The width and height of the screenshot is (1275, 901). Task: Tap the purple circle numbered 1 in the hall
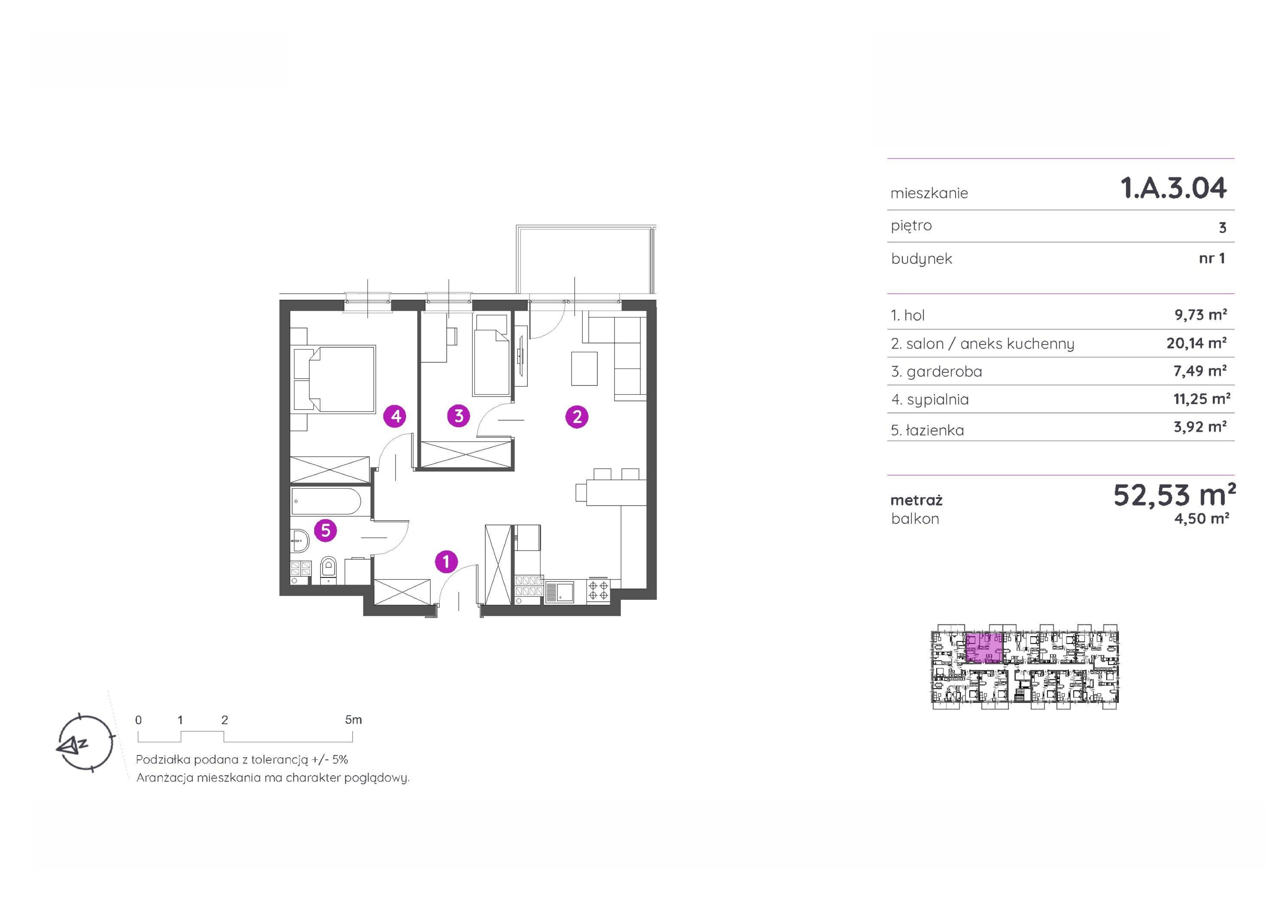pos(446,562)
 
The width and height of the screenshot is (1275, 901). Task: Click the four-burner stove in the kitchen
pos(598,590)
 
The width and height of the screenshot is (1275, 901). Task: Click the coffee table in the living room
pos(585,368)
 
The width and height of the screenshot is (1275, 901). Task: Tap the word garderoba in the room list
pos(944,372)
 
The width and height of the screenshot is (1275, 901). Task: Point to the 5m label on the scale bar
pos(353,720)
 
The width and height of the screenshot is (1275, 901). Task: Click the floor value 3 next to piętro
pos(1222,228)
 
